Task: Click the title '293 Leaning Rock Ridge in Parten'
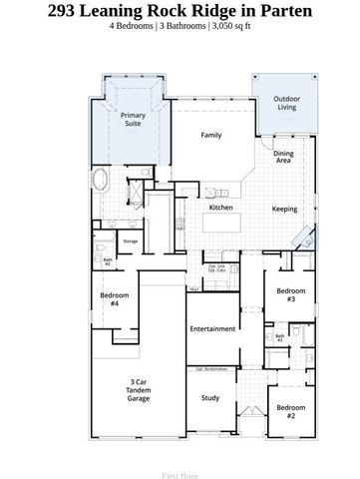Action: pos(180,10)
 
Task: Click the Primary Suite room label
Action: pos(133,120)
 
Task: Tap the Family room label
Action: pos(210,135)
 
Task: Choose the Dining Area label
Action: pos(283,156)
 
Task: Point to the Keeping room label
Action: pos(284,209)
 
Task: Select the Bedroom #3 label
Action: pos(290,294)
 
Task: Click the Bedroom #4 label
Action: pos(109,298)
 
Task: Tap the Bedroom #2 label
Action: pos(290,411)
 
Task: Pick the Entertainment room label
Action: pos(211,328)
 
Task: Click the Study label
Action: pos(210,397)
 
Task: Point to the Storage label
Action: pos(130,240)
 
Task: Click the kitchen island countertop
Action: pos(221,222)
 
